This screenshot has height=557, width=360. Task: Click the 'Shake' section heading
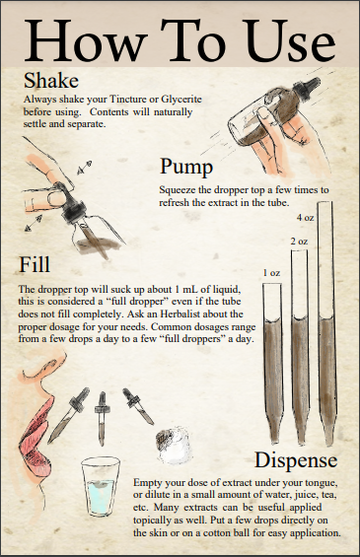pos(51,81)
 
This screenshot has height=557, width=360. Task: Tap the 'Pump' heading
pos(186,167)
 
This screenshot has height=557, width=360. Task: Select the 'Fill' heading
pos(35,264)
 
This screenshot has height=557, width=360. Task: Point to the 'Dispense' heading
pos(296,460)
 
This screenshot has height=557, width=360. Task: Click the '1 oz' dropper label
pos(271,273)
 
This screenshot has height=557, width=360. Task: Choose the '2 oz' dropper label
pos(299,242)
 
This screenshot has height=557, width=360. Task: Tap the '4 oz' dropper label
pos(306,218)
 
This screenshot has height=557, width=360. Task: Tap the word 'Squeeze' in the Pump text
pos(178,190)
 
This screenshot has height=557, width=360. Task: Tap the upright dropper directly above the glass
pos(102,418)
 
